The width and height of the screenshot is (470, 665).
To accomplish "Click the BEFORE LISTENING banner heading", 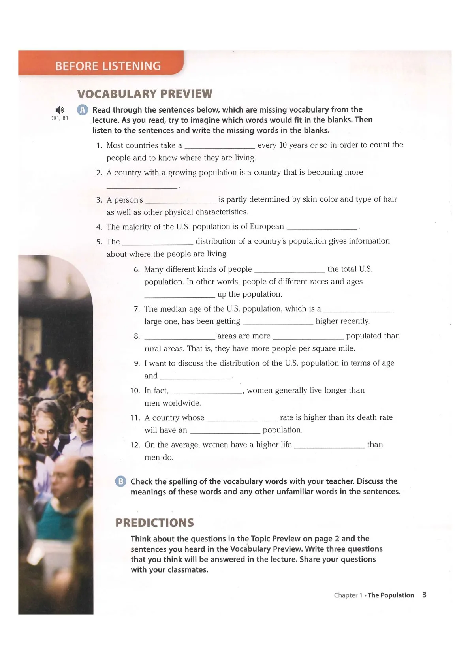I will pyautogui.click(x=108, y=66).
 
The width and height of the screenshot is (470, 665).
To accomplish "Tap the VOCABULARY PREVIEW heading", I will pyautogui.click(x=145, y=94).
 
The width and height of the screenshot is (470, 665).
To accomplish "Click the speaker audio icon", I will pyautogui.click(x=60, y=110).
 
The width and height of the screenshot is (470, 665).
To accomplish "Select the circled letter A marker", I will pyautogui.click(x=82, y=110).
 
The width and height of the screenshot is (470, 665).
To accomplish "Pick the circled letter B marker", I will pyautogui.click(x=120, y=481).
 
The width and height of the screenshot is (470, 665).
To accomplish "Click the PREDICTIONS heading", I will pyautogui.click(x=154, y=522).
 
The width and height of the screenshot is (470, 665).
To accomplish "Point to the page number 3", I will pyautogui.click(x=424, y=595).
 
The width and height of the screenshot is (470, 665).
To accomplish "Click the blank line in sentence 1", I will pyautogui.click(x=220, y=147).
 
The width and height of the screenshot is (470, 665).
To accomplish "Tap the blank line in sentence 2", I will pyautogui.click(x=142, y=186).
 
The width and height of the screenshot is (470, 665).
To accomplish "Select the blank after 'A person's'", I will pyautogui.click(x=180, y=201).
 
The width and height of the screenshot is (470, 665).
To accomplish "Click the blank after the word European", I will pyautogui.click(x=321, y=228).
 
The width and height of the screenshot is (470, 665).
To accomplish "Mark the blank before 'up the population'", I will pyautogui.click(x=179, y=295).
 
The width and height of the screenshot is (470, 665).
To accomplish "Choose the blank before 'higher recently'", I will pyautogui.click(x=278, y=323).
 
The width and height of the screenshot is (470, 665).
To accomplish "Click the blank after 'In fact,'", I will pyautogui.click(x=206, y=392).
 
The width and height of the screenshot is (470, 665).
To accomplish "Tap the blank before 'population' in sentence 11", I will pyautogui.click(x=225, y=431).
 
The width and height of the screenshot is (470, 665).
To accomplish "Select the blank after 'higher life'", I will pyautogui.click(x=329, y=446).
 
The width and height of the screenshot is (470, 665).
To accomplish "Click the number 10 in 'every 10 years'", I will pyautogui.click(x=283, y=145).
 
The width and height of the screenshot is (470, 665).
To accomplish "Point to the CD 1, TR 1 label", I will pyautogui.click(x=60, y=118).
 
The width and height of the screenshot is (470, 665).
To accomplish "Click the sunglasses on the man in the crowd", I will pyautogui.click(x=84, y=419).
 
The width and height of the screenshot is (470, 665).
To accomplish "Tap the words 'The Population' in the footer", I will pyautogui.click(x=391, y=595).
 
